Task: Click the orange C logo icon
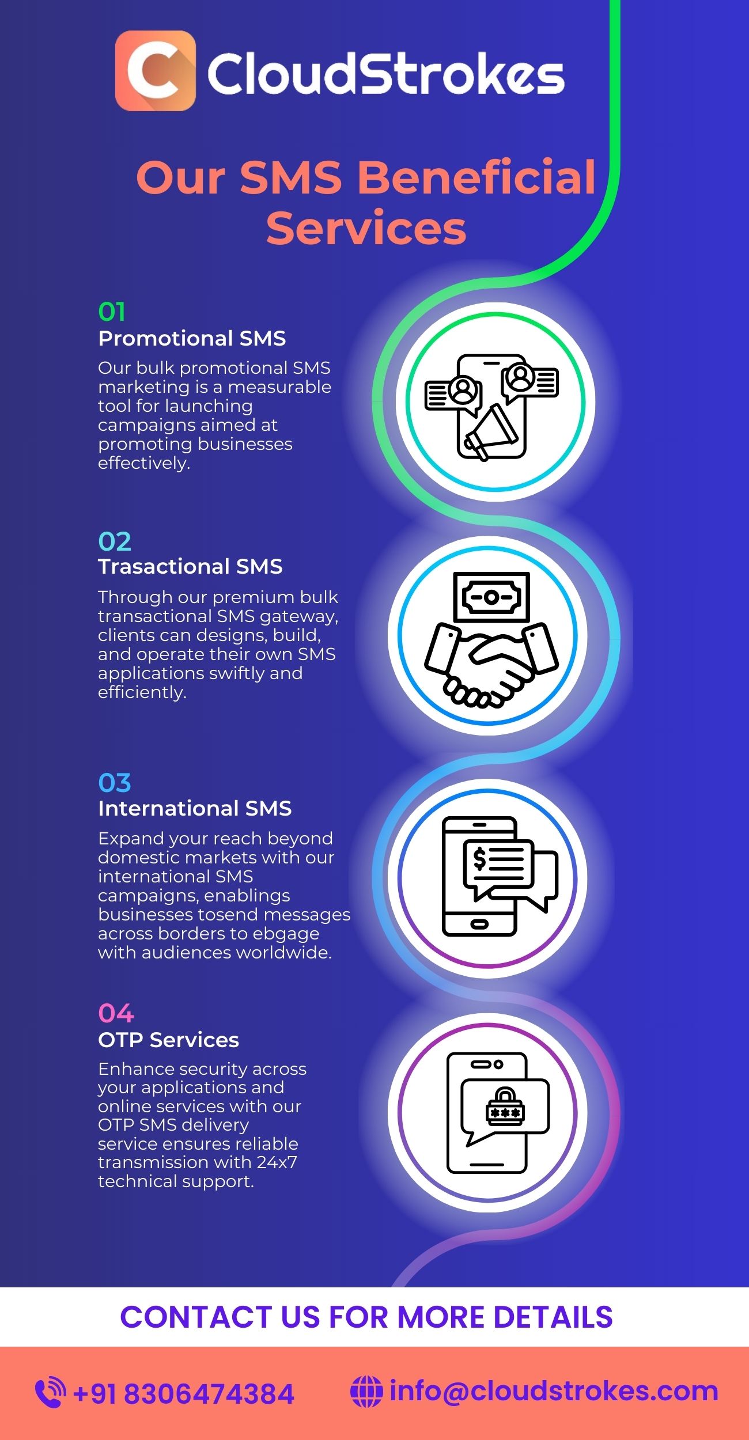point(155,71)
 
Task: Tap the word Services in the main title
point(366,228)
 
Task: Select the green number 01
point(111,312)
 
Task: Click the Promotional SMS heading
point(192,338)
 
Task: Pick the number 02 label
point(115,541)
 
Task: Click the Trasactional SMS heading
point(190,567)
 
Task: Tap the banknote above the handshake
point(491,597)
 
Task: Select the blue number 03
point(115,783)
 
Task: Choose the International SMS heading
point(195,808)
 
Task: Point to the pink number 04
point(116,1013)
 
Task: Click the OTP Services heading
point(168,1040)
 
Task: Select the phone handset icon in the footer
point(50,1392)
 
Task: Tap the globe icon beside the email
point(366,1392)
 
